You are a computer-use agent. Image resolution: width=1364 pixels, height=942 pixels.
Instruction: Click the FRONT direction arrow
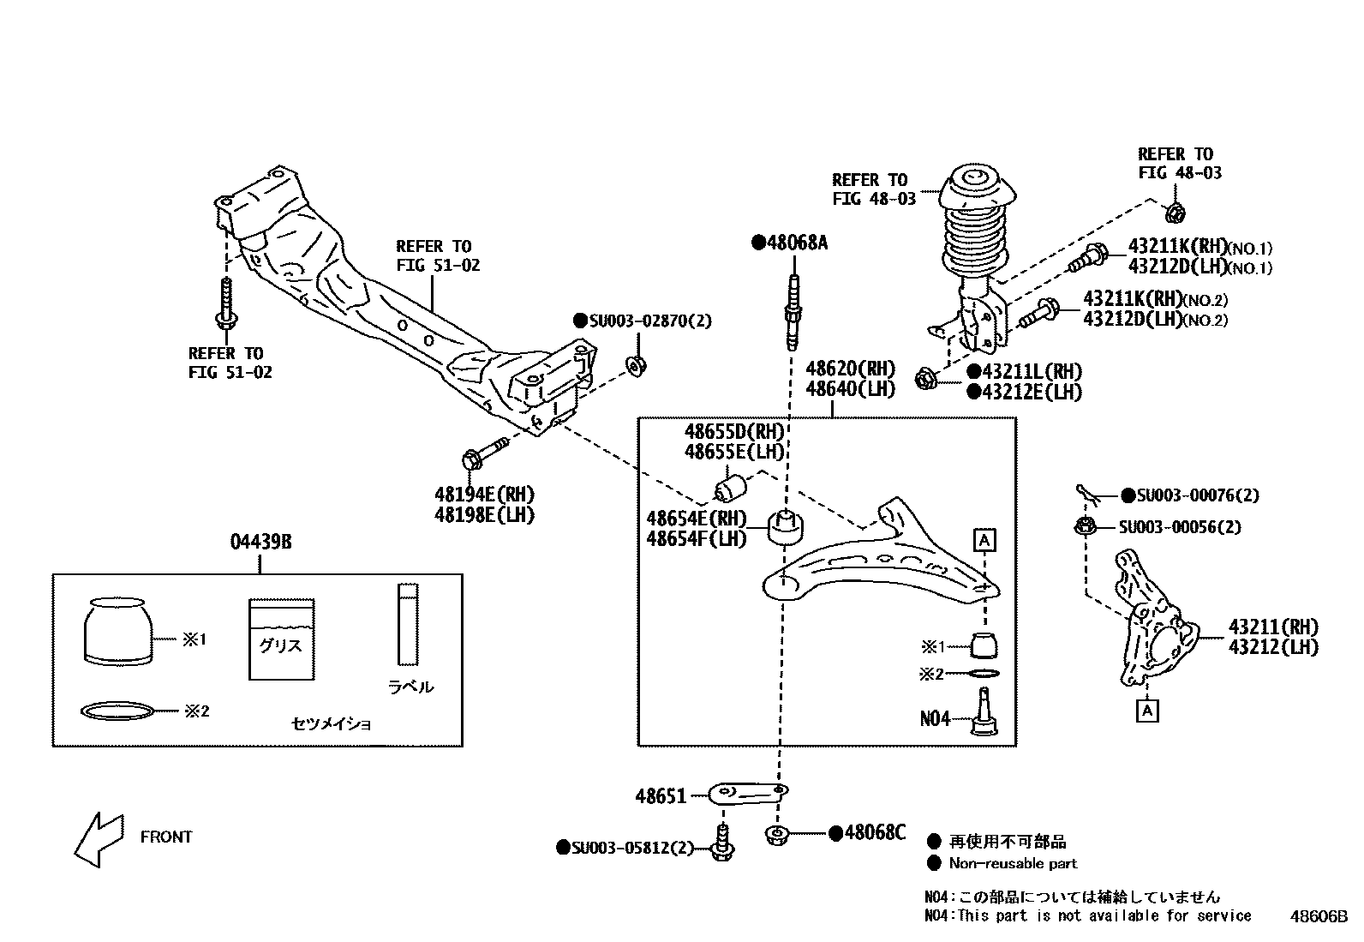coord(97,839)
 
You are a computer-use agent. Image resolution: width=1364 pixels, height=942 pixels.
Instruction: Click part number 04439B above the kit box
coord(260,543)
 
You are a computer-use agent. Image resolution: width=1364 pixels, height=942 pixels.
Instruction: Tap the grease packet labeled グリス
coord(281,639)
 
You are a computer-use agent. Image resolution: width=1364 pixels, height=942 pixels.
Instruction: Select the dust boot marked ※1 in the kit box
coord(119,632)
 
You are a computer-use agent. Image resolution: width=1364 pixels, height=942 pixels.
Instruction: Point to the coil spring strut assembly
coord(973,257)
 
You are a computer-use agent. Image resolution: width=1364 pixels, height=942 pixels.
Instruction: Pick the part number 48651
coord(661,797)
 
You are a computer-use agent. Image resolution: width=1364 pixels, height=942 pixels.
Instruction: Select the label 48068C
coord(874,832)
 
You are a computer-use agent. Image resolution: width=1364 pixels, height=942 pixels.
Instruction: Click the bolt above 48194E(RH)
coord(483,454)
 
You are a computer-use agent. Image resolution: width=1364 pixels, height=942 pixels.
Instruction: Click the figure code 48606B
coord(1319,916)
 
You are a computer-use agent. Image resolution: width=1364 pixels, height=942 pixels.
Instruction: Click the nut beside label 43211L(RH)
coord(926,378)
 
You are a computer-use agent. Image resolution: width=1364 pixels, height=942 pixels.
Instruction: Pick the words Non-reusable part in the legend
coord(1013,864)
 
